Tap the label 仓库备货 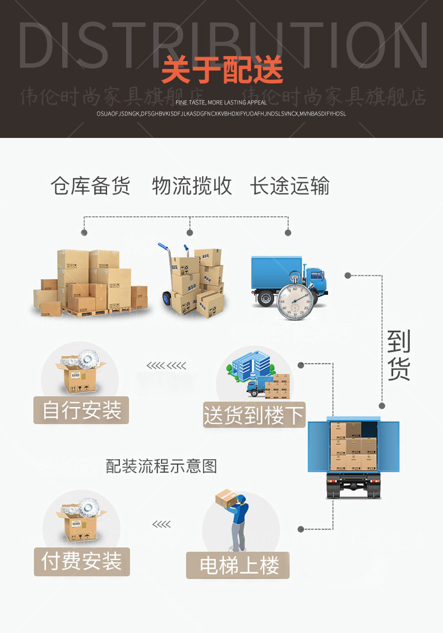pos(90,186)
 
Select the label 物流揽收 pos(192,186)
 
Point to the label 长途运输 pos(289,186)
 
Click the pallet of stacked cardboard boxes pos(90,283)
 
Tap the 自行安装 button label pos(82,410)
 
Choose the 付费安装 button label pos(82,562)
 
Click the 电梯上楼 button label pos(239,565)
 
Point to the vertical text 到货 pos(399,355)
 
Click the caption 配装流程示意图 pos(161,465)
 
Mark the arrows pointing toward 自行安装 pos(167,366)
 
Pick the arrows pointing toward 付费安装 pos(161,524)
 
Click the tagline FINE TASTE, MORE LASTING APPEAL pos(221,103)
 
